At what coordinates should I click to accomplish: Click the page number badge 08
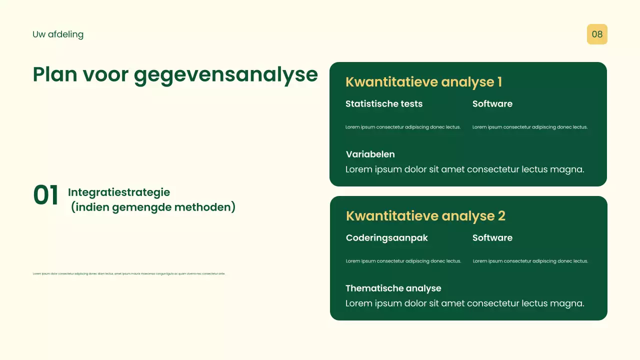pyautogui.click(x=597, y=34)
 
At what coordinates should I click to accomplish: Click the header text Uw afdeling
pyautogui.click(x=58, y=34)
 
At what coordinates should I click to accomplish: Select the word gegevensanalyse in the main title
pyautogui.click(x=226, y=74)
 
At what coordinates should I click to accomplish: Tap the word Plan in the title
pyautogui.click(x=55, y=74)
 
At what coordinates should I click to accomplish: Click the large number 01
pyautogui.click(x=46, y=195)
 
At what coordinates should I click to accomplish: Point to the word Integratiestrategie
pyautogui.click(x=119, y=192)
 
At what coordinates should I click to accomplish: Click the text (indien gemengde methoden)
pyautogui.click(x=153, y=207)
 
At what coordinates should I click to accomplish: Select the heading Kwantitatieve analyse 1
pyautogui.click(x=423, y=82)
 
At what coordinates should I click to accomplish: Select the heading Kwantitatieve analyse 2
pyautogui.click(x=425, y=216)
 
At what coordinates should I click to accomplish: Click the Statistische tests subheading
pyautogui.click(x=384, y=104)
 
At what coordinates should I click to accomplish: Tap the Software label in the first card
pyautogui.click(x=492, y=104)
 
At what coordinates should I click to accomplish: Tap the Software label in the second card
pyautogui.click(x=492, y=238)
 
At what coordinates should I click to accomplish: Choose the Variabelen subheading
pyautogui.click(x=370, y=154)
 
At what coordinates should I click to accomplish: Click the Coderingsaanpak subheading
pyautogui.click(x=387, y=238)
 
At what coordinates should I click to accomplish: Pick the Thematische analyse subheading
pyautogui.click(x=393, y=288)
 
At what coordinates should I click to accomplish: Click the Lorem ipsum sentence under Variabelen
pyautogui.click(x=465, y=169)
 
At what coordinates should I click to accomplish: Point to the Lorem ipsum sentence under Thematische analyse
pyautogui.click(x=465, y=303)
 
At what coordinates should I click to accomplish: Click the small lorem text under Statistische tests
pyautogui.click(x=403, y=127)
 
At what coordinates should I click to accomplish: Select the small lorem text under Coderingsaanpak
pyautogui.click(x=403, y=261)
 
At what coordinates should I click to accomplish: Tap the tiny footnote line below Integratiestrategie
pyautogui.click(x=129, y=273)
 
